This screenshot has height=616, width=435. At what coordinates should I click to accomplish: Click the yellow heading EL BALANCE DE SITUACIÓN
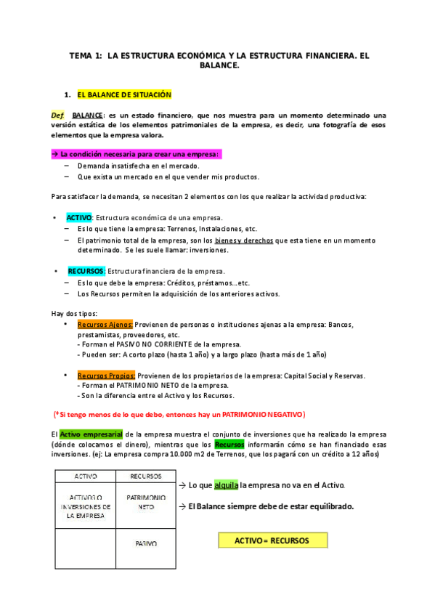coord(123,94)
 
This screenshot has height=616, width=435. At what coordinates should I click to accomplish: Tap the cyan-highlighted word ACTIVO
coord(78,218)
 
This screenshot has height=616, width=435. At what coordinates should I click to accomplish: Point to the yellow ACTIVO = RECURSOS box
coord(272,540)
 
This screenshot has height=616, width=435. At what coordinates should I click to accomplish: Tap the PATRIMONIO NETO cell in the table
coord(146,502)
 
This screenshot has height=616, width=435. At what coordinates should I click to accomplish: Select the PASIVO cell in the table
coord(146,543)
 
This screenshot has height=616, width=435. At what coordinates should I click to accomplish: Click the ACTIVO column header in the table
coord(86,477)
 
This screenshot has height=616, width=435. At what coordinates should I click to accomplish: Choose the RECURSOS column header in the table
coord(145,477)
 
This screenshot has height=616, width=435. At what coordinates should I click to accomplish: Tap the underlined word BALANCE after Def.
coord(88,115)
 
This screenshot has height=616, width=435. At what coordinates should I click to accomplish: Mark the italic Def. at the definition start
coord(58,115)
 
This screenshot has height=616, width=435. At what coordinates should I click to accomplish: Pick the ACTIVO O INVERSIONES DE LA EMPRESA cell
coord(86,502)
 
